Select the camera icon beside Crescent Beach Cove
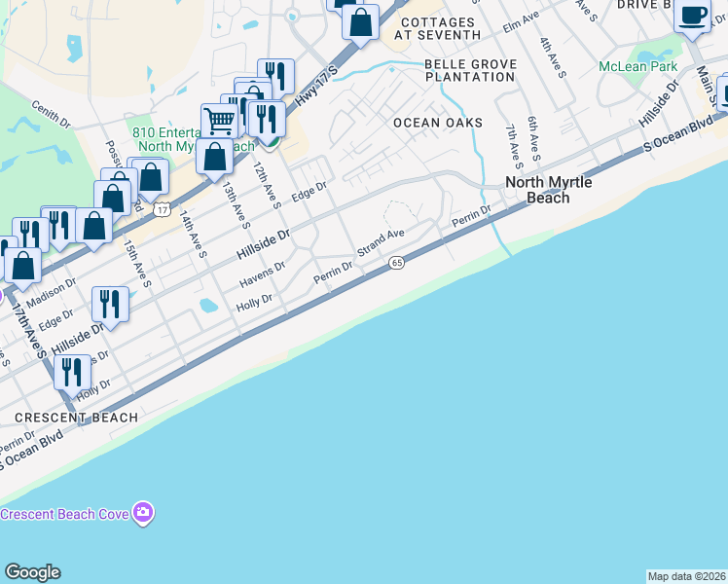coord(144,512)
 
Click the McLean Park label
coord(637,67)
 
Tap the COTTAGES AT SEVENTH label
coord(440,28)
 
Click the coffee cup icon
coord(692,17)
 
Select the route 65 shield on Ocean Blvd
coord(396,263)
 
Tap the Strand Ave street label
coord(380,242)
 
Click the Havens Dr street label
coord(263,277)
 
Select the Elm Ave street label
coord(520,21)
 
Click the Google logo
coord(32,572)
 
